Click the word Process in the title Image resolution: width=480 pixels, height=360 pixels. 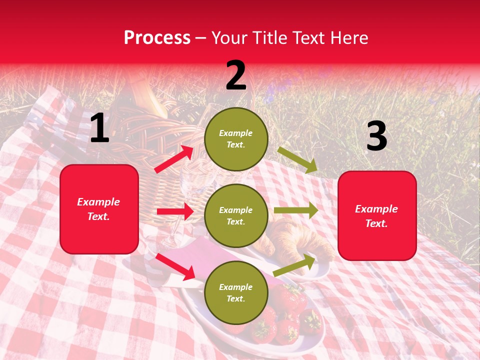(x=157, y=38)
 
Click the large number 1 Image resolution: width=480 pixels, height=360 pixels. (x=99, y=128)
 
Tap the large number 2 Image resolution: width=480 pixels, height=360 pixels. (x=236, y=75)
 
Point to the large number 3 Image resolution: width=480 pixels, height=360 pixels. (x=376, y=136)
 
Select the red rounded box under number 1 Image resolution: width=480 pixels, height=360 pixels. (x=99, y=209)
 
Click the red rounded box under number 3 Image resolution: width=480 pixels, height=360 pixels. (x=377, y=215)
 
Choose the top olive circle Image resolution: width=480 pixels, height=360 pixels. (x=236, y=139)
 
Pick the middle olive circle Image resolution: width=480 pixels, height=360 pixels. (x=236, y=216)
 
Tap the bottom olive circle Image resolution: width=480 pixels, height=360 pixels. (x=236, y=293)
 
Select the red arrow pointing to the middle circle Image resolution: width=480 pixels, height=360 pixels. (x=175, y=211)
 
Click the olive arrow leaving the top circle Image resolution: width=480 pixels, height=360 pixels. (x=297, y=159)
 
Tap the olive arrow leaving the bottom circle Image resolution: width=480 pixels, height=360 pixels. (x=294, y=265)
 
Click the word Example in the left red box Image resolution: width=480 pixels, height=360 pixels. (x=98, y=202)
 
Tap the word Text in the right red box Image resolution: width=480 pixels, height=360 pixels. (x=375, y=223)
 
